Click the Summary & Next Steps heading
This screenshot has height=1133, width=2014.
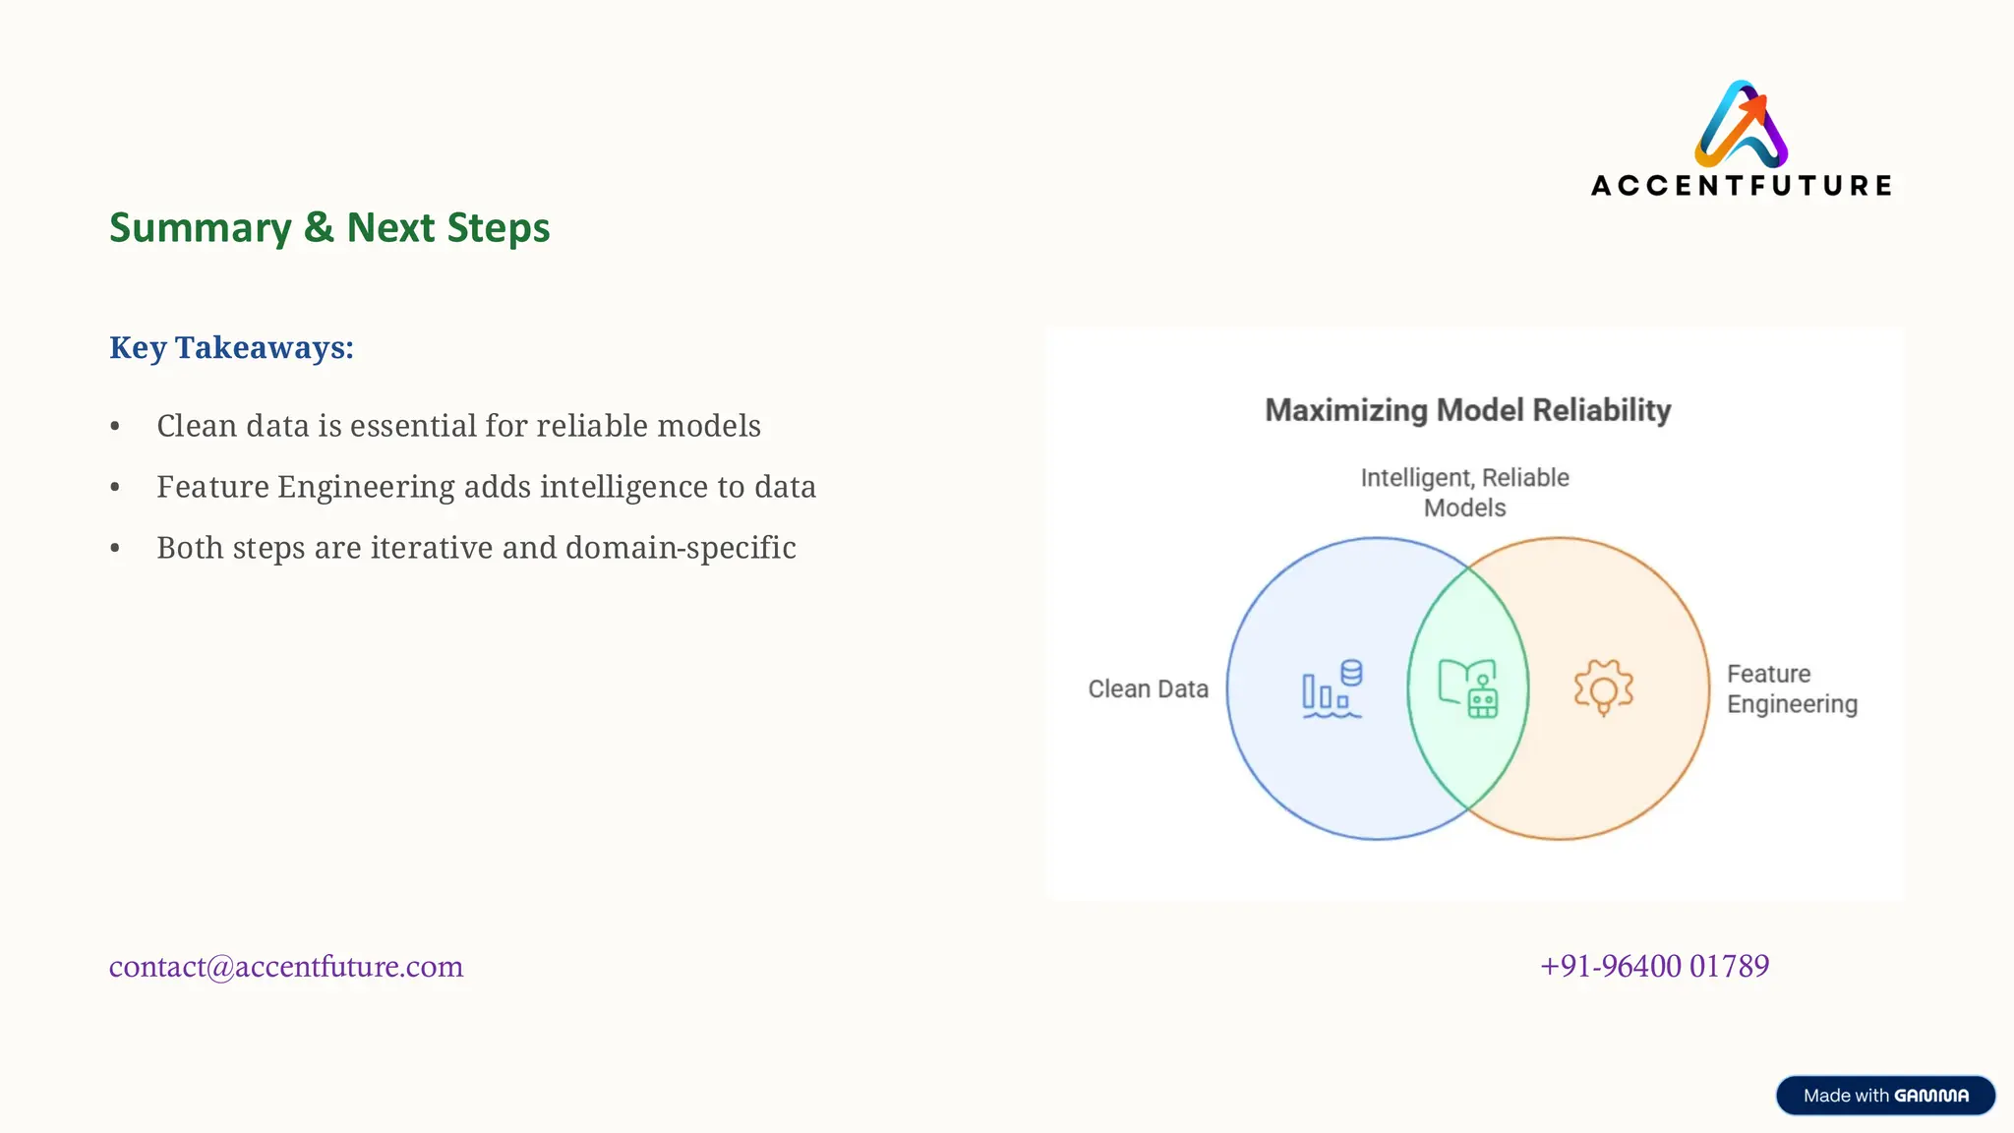coord(329,228)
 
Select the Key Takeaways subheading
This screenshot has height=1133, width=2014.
coord(231,348)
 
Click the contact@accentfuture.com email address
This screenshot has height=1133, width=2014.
coord(286,967)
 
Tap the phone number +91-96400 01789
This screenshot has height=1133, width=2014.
coord(1654,967)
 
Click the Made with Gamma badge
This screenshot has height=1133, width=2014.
coord(1885,1096)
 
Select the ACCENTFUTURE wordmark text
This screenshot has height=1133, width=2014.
coord(1741,186)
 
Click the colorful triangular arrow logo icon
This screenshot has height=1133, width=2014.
coord(1741,124)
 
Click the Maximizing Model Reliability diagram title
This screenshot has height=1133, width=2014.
coord(1467,410)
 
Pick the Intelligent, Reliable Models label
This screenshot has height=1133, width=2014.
coord(1464,493)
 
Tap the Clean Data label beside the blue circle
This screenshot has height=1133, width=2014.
coord(1148,689)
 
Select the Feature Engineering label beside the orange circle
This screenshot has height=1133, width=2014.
coord(1792,689)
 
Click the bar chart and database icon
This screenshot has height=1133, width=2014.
coord(1333,688)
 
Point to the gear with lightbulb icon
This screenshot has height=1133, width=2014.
coord(1603,687)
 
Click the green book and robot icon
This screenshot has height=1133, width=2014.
coord(1468,688)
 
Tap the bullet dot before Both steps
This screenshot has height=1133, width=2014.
coord(115,549)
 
